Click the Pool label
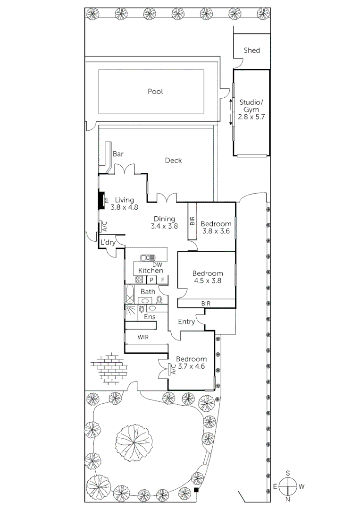point(155,91)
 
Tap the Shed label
point(251,50)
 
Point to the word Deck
point(173,160)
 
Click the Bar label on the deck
point(118,154)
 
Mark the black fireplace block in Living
point(100,200)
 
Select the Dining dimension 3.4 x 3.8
point(164,226)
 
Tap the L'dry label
point(108,242)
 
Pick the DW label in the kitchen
point(151,265)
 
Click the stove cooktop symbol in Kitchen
point(139,280)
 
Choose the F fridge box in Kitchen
point(162,280)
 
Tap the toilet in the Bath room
point(159,299)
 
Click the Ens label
point(150,316)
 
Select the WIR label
point(144,337)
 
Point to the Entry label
point(186,322)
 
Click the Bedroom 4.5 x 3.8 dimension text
point(207,280)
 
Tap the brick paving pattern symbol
point(109,367)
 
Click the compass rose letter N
point(287,499)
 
